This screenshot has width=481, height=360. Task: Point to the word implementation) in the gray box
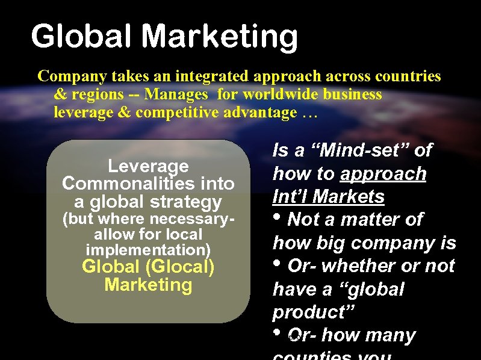[x=148, y=249]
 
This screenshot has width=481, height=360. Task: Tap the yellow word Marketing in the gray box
[x=148, y=285]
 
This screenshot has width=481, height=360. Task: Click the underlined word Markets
[x=353, y=197]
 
